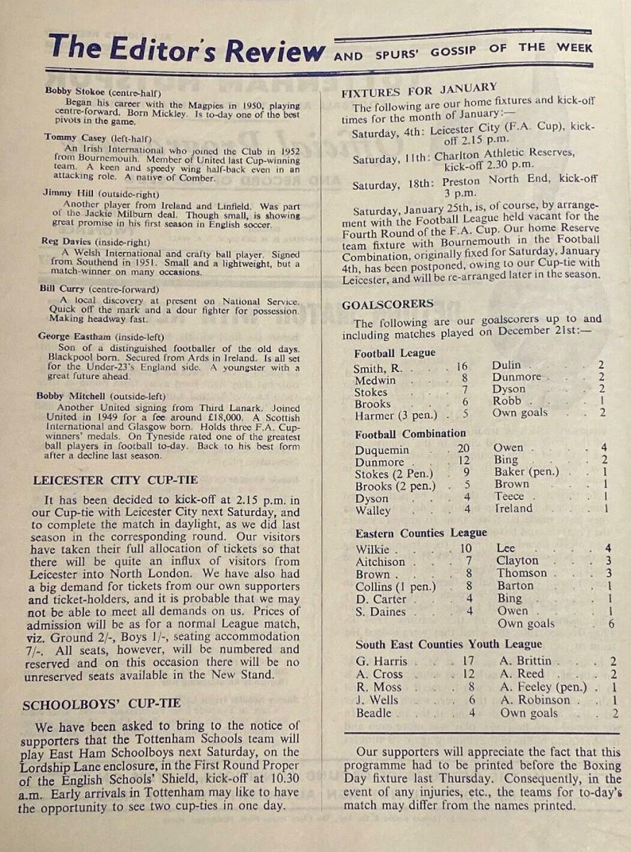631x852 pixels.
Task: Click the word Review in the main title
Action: tap(273, 51)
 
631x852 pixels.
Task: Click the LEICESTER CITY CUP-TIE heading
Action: tap(115, 479)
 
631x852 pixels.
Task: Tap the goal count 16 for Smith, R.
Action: tap(462, 366)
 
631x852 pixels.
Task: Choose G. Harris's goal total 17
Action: tap(468, 662)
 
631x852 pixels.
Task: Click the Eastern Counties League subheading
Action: tap(421, 532)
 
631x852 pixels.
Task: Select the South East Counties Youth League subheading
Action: tap(449, 645)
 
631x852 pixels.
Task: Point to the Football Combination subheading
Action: tap(410, 433)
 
